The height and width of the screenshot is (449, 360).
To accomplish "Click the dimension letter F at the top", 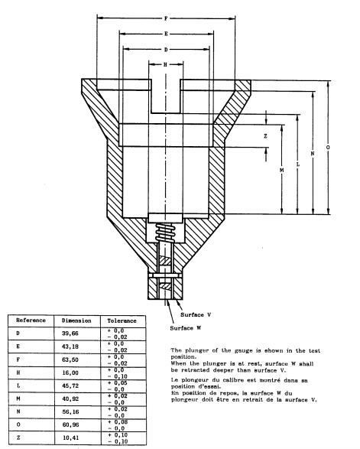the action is [x=166, y=18].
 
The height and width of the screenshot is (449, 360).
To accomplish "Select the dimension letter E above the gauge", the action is [x=166, y=34].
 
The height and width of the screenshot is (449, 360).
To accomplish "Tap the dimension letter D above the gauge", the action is [x=166, y=50].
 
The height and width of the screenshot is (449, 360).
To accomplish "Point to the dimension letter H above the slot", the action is [x=165, y=65].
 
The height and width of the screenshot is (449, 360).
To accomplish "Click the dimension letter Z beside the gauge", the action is [x=265, y=136].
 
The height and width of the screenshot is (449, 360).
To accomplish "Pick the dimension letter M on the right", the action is [x=281, y=170].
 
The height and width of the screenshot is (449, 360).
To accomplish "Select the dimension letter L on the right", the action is [x=298, y=164].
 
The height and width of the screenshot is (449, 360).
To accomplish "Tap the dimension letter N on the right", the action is [x=313, y=153].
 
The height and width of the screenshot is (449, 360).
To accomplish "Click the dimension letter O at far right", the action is [x=328, y=147].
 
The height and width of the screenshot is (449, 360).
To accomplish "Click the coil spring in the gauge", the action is [x=165, y=233].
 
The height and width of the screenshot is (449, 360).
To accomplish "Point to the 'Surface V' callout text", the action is [x=196, y=314].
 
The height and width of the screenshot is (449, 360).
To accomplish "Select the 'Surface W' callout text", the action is [x=186, y=328].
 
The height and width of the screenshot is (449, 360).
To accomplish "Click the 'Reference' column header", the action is [x=31, y=320].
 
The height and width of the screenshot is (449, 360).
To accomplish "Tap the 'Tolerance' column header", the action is [x=122, y=320].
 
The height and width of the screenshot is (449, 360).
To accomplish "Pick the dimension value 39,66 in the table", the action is [x=70, y=333].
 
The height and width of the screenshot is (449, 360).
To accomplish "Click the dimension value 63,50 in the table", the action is [x=70, y=360].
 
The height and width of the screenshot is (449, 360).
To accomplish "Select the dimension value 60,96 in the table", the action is [x=70, y=425].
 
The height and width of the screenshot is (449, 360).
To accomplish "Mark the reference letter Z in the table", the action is [x=18, y=438].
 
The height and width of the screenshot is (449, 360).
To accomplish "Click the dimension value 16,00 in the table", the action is [x=70, y=373].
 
